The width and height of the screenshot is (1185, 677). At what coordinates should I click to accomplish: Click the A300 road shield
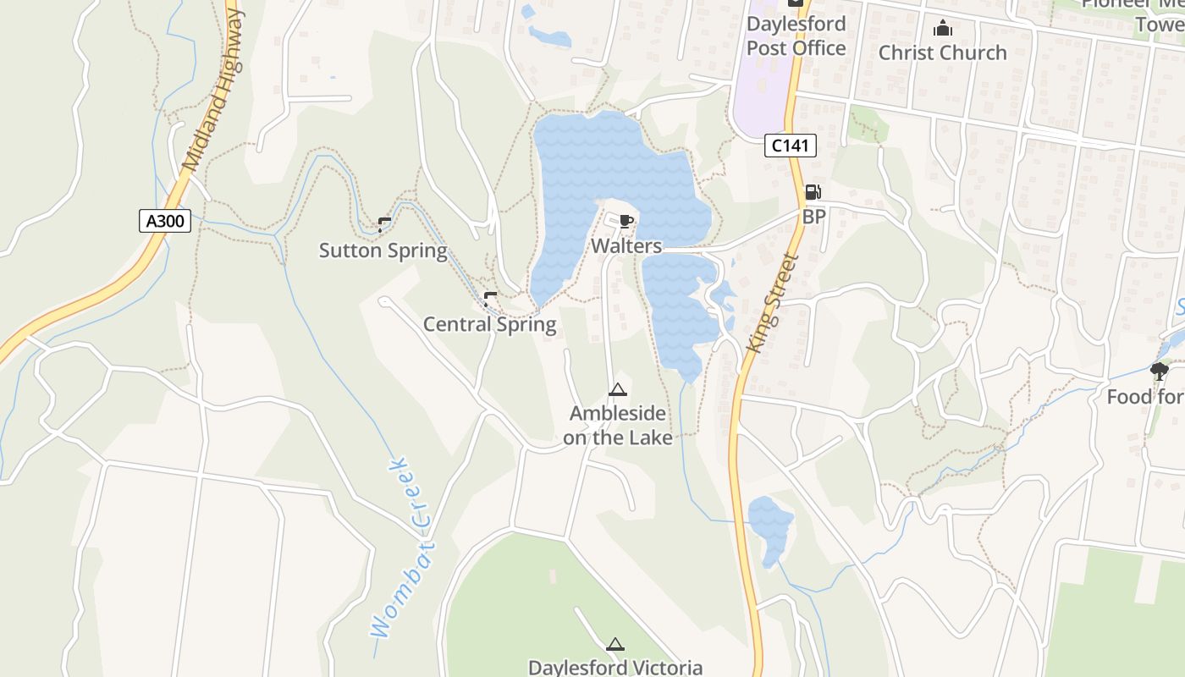pos(165,222)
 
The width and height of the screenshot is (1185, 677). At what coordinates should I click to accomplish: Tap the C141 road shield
pos(790,146)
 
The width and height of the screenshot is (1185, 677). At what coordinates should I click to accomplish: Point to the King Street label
pos(774,303)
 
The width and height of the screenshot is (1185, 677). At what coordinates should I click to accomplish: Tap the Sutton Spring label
pos(383,250)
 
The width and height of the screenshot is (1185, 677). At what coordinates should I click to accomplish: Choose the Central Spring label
pos(489,324)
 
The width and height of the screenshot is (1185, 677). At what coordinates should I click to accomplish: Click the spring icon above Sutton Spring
pos(384,224)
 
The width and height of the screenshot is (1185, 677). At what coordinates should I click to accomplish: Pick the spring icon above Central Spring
pos(489,299)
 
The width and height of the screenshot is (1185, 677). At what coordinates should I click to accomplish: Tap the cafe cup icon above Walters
pos(626,222)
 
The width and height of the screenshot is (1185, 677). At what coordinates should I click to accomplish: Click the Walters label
pos(626,246)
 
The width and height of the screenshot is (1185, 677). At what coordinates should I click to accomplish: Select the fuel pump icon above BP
pos(813,193)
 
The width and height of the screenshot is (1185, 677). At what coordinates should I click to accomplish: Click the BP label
pos(813,217)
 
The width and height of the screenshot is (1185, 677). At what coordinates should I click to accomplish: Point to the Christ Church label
pos(942,52)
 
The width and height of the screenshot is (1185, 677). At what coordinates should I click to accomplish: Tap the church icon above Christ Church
pos(942,29)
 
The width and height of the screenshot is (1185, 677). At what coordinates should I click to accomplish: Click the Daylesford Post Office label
pos(796,36)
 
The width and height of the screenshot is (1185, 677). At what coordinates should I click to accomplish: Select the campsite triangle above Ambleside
pos(617,390)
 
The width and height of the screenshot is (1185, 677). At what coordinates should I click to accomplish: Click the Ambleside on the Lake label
pos(617,426)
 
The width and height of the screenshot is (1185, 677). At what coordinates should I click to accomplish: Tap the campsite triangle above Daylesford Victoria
pos(615,643)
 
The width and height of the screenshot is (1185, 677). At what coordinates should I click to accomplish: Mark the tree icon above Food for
pos(1158,370)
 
